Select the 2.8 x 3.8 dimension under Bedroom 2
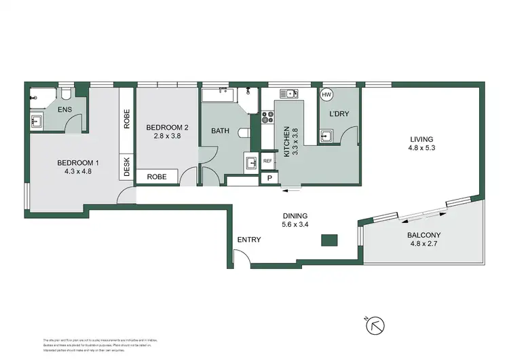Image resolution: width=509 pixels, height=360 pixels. point(166,134)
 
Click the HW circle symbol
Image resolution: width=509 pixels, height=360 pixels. point(326,95)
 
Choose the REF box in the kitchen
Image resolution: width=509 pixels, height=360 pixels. point(267,161)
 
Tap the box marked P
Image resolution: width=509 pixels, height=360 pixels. point(269,179)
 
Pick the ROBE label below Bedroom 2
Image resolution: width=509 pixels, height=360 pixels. point(157,177)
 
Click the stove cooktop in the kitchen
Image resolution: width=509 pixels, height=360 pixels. point(267,117)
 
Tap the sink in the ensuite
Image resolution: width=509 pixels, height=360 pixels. point(36,122)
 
